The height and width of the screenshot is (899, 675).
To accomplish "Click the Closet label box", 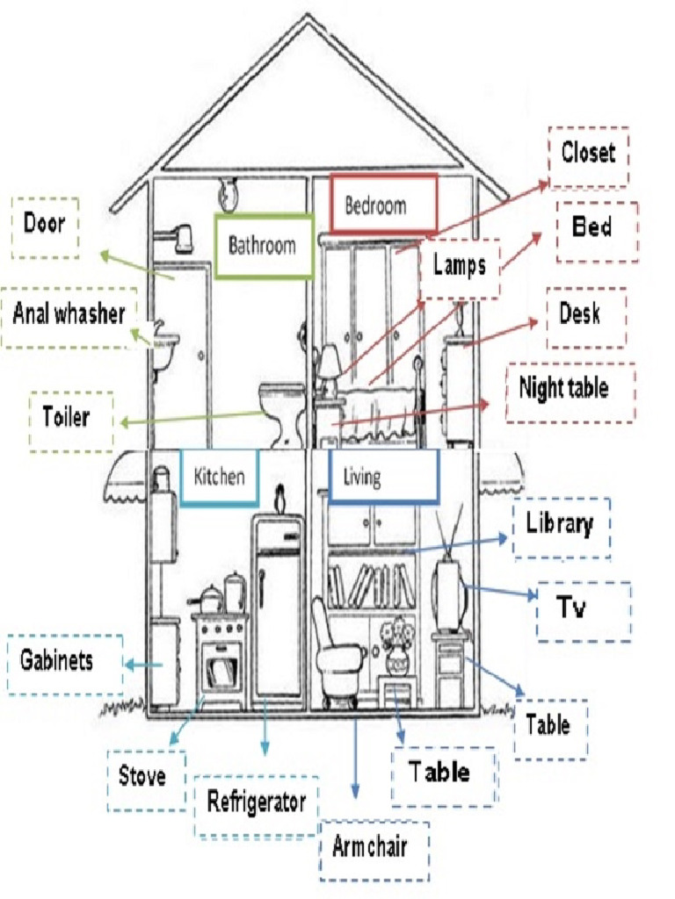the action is (588, 155).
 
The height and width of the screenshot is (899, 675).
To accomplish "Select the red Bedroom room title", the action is (382, 205).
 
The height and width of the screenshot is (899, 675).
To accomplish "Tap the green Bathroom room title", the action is (263, 245).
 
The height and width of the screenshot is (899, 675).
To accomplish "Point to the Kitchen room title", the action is (219, 477).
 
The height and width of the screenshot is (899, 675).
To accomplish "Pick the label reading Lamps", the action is (459, 265).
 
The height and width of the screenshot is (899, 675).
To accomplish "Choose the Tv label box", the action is (583, 609).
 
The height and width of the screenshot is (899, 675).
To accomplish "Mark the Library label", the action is (561, 527).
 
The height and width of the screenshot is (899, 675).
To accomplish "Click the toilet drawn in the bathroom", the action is (283, 411).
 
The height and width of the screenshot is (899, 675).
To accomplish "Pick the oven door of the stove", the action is (220, 672).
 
